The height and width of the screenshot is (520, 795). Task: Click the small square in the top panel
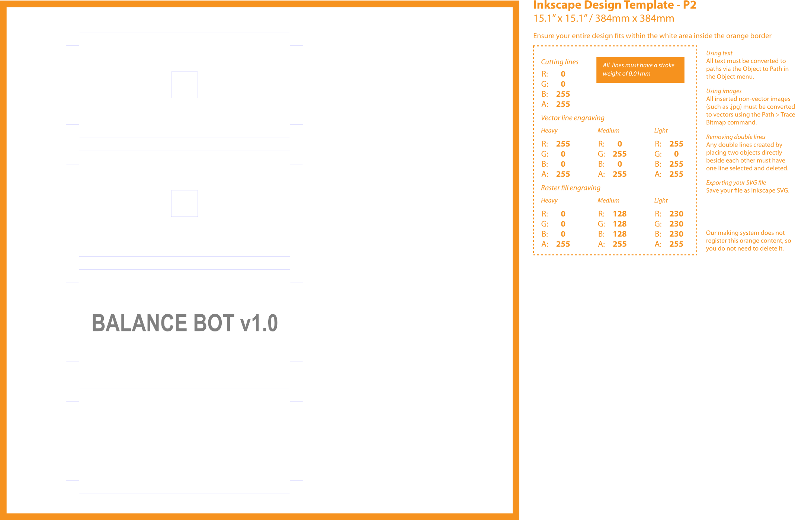click(x=184, y=85)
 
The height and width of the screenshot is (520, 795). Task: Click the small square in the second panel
click(x=184, y=203)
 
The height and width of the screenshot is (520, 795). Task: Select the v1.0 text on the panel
click(x=259, y=323)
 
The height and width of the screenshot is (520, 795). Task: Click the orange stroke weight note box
click(x=640, y=70)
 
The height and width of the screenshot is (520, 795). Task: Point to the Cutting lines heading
click(x=560, y=62)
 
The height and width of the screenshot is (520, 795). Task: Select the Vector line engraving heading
click(x=572, y=118)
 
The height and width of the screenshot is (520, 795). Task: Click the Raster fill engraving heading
click(x=570, y=188)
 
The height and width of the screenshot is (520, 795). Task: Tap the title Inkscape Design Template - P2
click(x=615, y=5)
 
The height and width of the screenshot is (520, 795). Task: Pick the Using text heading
click(x=719, y=53)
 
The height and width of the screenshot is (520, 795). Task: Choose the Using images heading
click(x=724, y=91)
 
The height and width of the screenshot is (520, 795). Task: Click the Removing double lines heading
click(x=735, y=137)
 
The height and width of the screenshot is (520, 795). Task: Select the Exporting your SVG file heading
click(x=735, y=183)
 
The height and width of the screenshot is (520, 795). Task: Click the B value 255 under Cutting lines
click(x=563, y=94)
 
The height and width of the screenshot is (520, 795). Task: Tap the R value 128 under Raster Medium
click(x=619, y=214)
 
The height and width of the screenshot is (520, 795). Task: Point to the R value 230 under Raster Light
click(x=676, y=214)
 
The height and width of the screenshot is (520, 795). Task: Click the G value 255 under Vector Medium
click(x=619, y=154)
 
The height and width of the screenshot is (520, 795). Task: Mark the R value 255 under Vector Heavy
click(x=563, y=144)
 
